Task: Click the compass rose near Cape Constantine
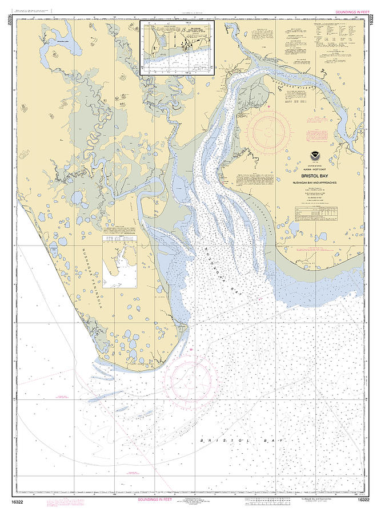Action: click(x=190, y=377)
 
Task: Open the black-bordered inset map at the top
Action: click(x=177, y=47)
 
